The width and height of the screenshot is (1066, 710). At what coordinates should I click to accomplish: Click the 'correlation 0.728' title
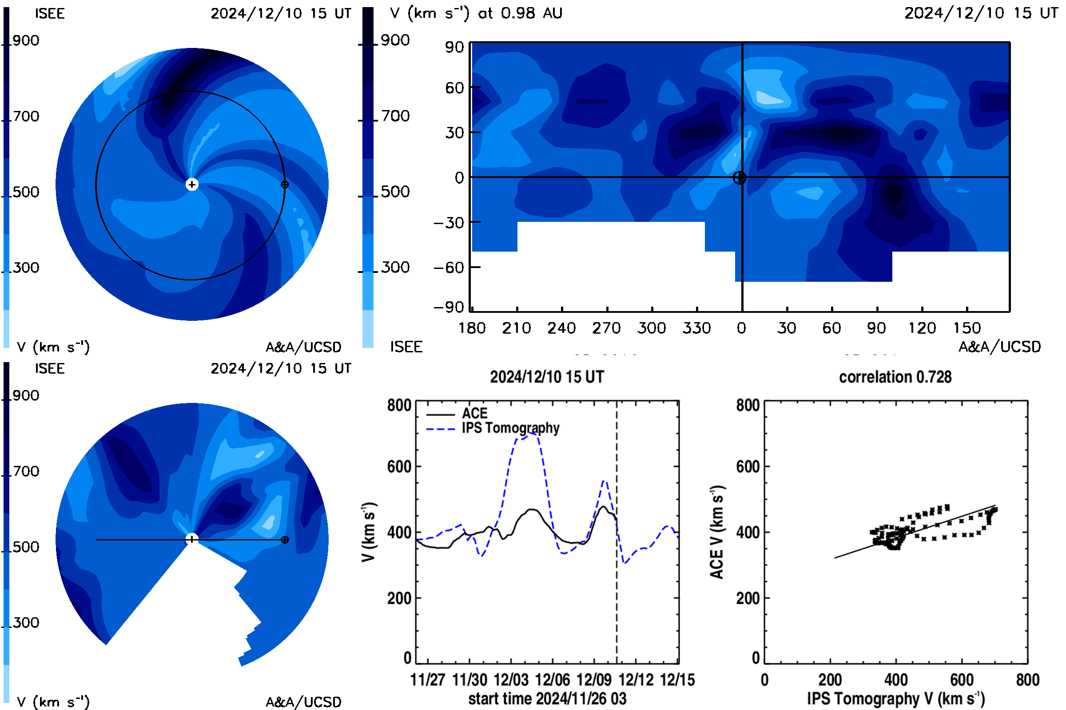pos(895,377)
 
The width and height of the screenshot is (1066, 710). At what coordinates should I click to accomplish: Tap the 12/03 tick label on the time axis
pos(511,680)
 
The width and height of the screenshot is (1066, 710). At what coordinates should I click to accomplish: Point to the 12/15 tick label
pos(677,680)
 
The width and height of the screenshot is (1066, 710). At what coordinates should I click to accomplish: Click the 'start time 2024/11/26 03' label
pos(547,698)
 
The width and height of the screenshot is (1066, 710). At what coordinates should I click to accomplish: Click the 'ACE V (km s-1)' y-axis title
pos(717,532)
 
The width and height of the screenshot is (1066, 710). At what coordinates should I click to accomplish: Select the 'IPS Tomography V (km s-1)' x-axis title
pos(895,698)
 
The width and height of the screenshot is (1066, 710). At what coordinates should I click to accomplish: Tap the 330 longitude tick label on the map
pos(696,328)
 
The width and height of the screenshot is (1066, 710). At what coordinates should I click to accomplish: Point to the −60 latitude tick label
pos(449,268)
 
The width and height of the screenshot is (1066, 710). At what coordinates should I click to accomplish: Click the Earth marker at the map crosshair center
pos(739,177)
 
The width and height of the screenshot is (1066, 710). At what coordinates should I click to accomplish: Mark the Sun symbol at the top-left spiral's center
pos(192,184)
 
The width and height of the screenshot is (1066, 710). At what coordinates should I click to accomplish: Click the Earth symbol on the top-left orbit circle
pos(285,185)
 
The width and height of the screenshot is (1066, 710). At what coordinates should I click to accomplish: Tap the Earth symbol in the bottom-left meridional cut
pos(285,540)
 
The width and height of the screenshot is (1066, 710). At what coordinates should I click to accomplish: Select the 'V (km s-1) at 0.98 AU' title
pos(476,13)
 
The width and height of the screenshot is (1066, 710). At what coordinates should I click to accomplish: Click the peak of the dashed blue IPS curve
pos(529,434)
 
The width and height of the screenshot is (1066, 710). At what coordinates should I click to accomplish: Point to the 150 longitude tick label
pos(967,328)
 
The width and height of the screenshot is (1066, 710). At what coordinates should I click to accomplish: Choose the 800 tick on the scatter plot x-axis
pos(1027,680)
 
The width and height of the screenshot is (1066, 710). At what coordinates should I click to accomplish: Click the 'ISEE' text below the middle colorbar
pos(406,347)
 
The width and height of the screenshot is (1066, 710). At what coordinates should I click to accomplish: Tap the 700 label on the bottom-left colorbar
pos(26,471)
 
